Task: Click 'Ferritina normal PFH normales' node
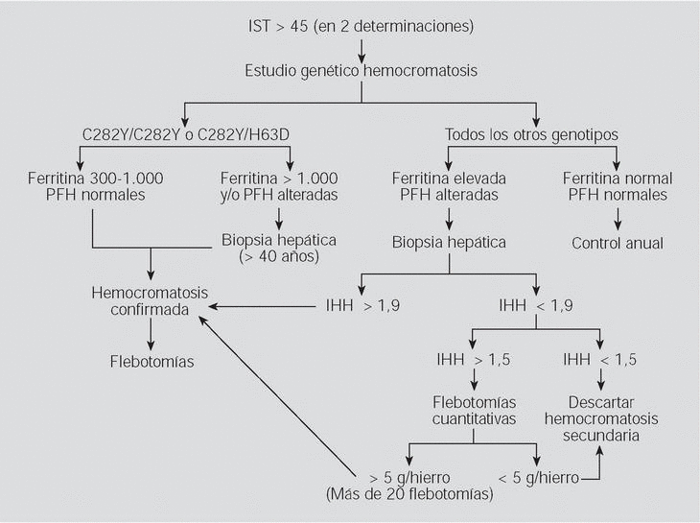pos(617,186)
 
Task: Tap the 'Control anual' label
pos(617,243)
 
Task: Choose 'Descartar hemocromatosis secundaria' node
pos(600,418)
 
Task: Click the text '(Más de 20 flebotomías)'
pos(408,494)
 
